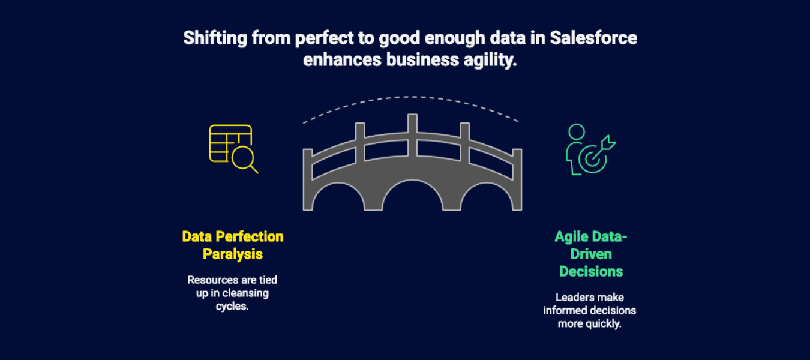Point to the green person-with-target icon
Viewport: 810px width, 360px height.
click(x=590, y=149)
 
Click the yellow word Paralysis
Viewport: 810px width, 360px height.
click(x=233, y=254)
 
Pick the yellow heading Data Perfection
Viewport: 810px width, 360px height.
click(x=233, y=236)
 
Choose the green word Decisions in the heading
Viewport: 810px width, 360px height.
click(x=591, y=271)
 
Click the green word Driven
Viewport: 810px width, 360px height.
click(x=591, y=254)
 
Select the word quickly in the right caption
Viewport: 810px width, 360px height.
click(x=604, y=324)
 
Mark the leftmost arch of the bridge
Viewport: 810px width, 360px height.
click(x=335, y=199)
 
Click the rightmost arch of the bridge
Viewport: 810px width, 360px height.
click(x=490, y=199)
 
